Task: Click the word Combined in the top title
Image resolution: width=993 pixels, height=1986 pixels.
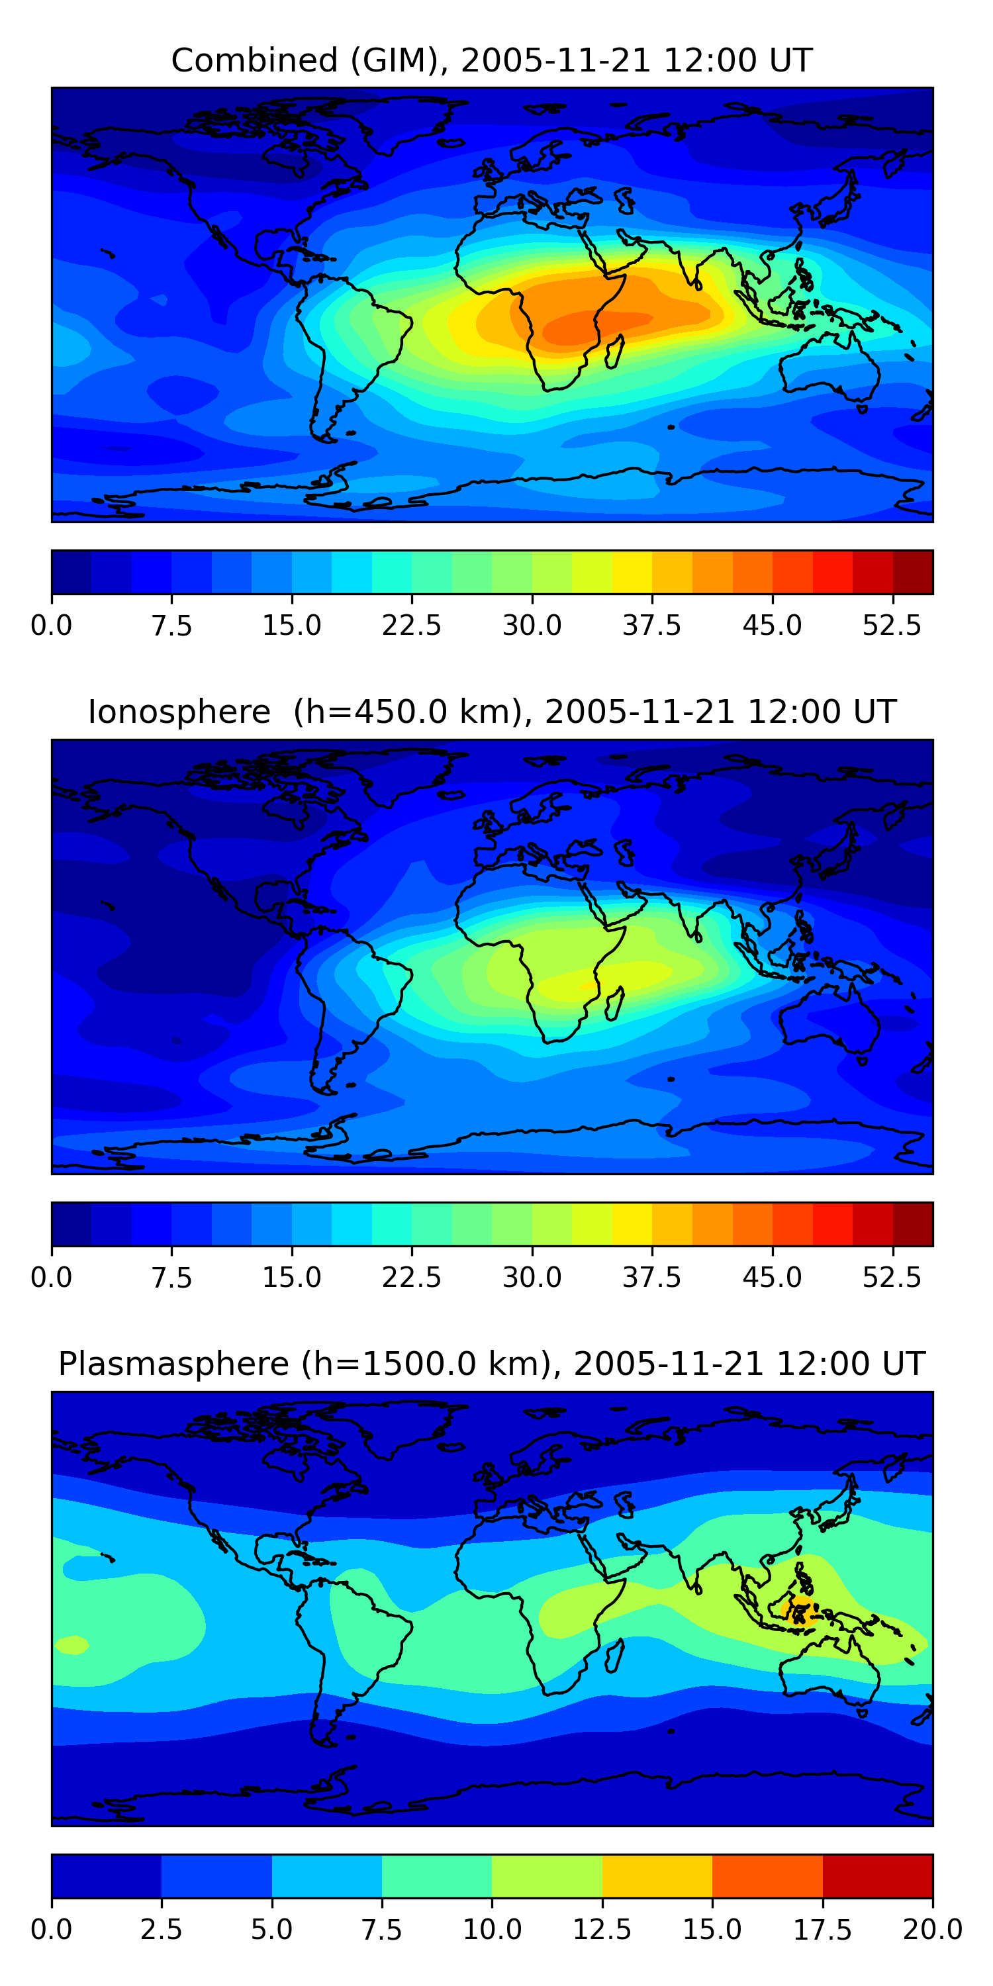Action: pyautogui.click(x=254, y=60)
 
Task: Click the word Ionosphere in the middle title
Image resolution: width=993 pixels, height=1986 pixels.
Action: pyautogui.click(x=179, y=712)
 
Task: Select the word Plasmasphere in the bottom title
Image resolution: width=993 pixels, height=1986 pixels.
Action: pyautogui.click(x=173, y=1364)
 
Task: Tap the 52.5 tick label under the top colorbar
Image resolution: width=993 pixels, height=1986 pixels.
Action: pyautogui.click(x=892, y=625)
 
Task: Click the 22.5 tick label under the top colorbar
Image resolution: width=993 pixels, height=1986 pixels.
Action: pyautogui.click(x=412, y=625)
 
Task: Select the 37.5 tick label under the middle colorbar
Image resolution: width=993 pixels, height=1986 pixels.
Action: pyautogui.click(x=652, y=1278)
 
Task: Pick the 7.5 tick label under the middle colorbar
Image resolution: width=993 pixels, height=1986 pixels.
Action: pyautogui.click(x=171, y=1278)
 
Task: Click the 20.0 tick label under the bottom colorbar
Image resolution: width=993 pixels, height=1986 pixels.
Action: pyautogui.click(x=932, y=1930)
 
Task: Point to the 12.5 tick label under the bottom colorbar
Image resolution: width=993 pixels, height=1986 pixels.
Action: pyautogui.click(x=602, y=1930)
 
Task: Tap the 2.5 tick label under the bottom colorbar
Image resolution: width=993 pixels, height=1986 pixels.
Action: pyautogui.click(x=161, y=1930)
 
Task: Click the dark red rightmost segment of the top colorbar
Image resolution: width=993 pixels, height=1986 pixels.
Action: pyautogui.click(x=913, y=572)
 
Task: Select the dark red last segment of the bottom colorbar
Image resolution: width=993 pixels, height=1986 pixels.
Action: pyautogui.click(x=877, y=1875)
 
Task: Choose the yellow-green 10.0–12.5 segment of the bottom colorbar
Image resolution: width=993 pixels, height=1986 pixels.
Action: pyautogui.click(x=547, y=1875)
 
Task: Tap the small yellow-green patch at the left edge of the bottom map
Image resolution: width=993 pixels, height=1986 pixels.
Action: pyautogui.click(x=71, y=1644)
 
